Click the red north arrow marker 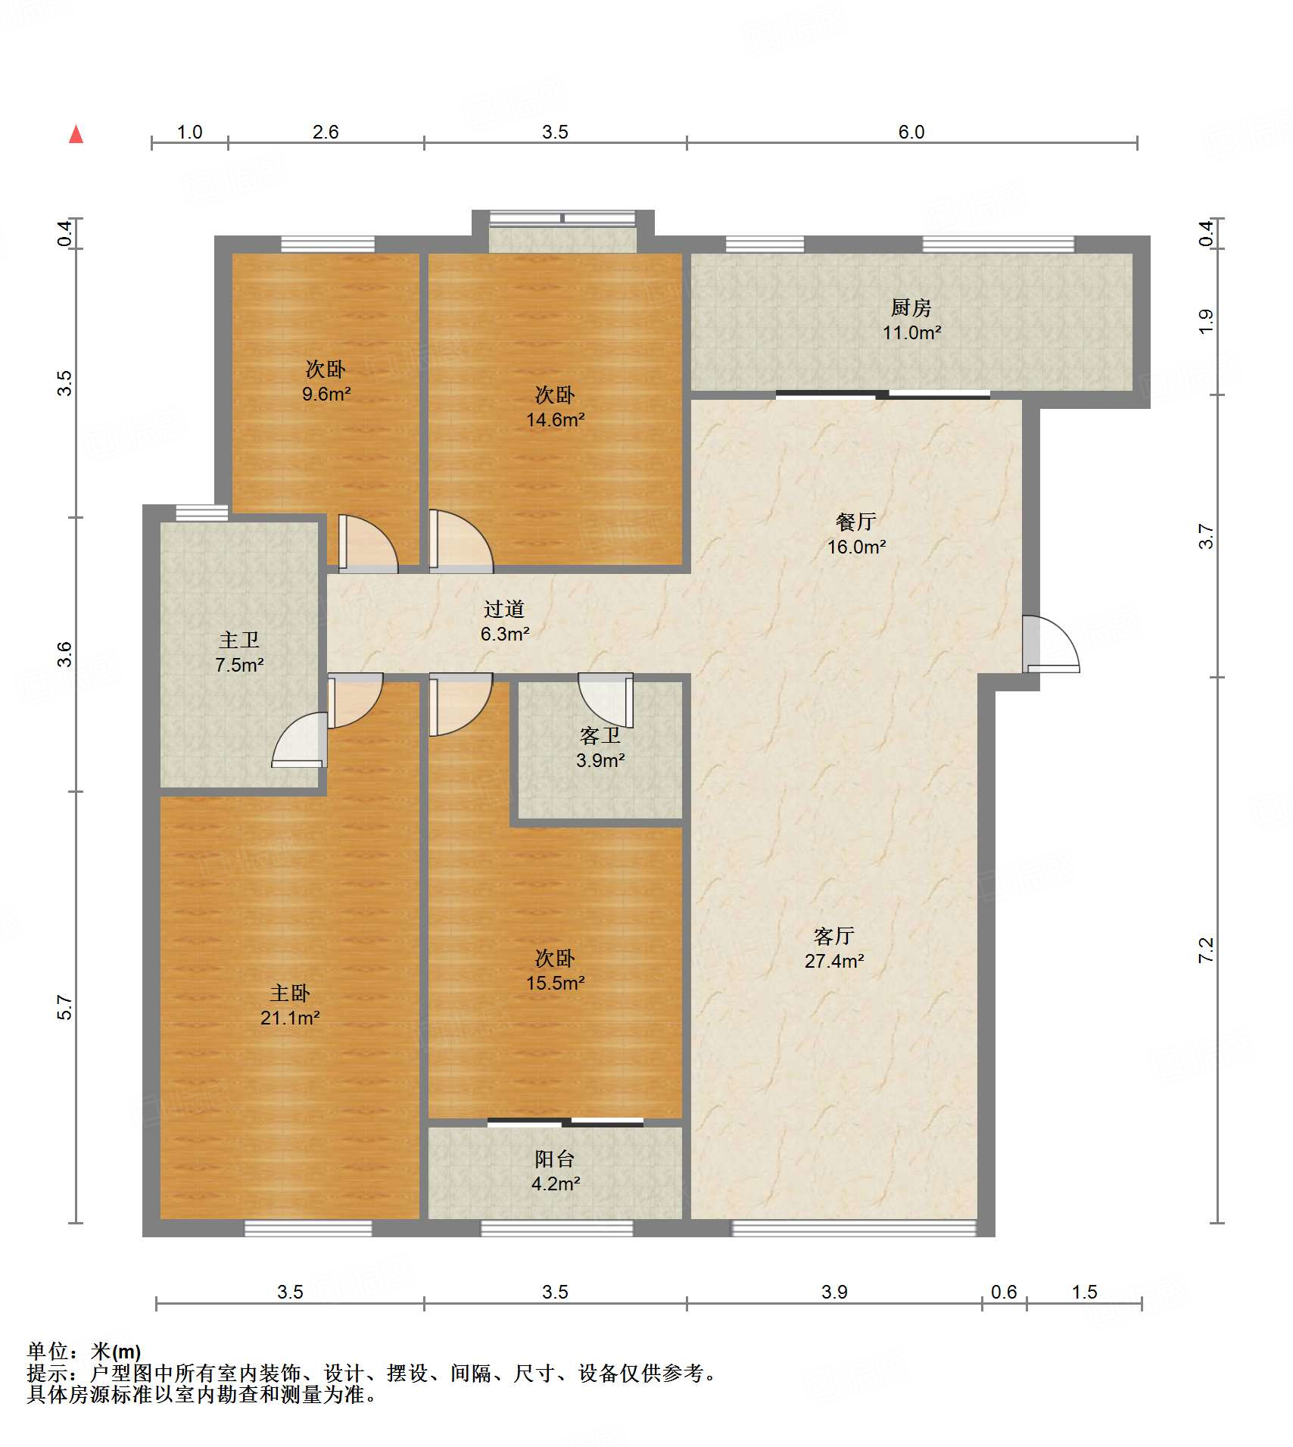(76, 134)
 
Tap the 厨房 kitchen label (911, 320)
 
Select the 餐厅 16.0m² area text (856, 534)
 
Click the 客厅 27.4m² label (834, 948)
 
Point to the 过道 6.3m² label (504, 621)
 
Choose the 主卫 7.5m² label (239, 652)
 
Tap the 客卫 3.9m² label (600, 747)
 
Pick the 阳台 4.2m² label (555, 1171)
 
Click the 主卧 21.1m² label (290, 1005)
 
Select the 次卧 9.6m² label (326, 381)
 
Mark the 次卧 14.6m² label (555, 407)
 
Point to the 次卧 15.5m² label (555, 970)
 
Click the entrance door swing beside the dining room (1051, 644)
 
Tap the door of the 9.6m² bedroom (367, 543)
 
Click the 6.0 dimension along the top (911, 132)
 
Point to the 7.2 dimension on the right (1205, 950)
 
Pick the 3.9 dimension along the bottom (834, 1292)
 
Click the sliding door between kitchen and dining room (883, 394)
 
